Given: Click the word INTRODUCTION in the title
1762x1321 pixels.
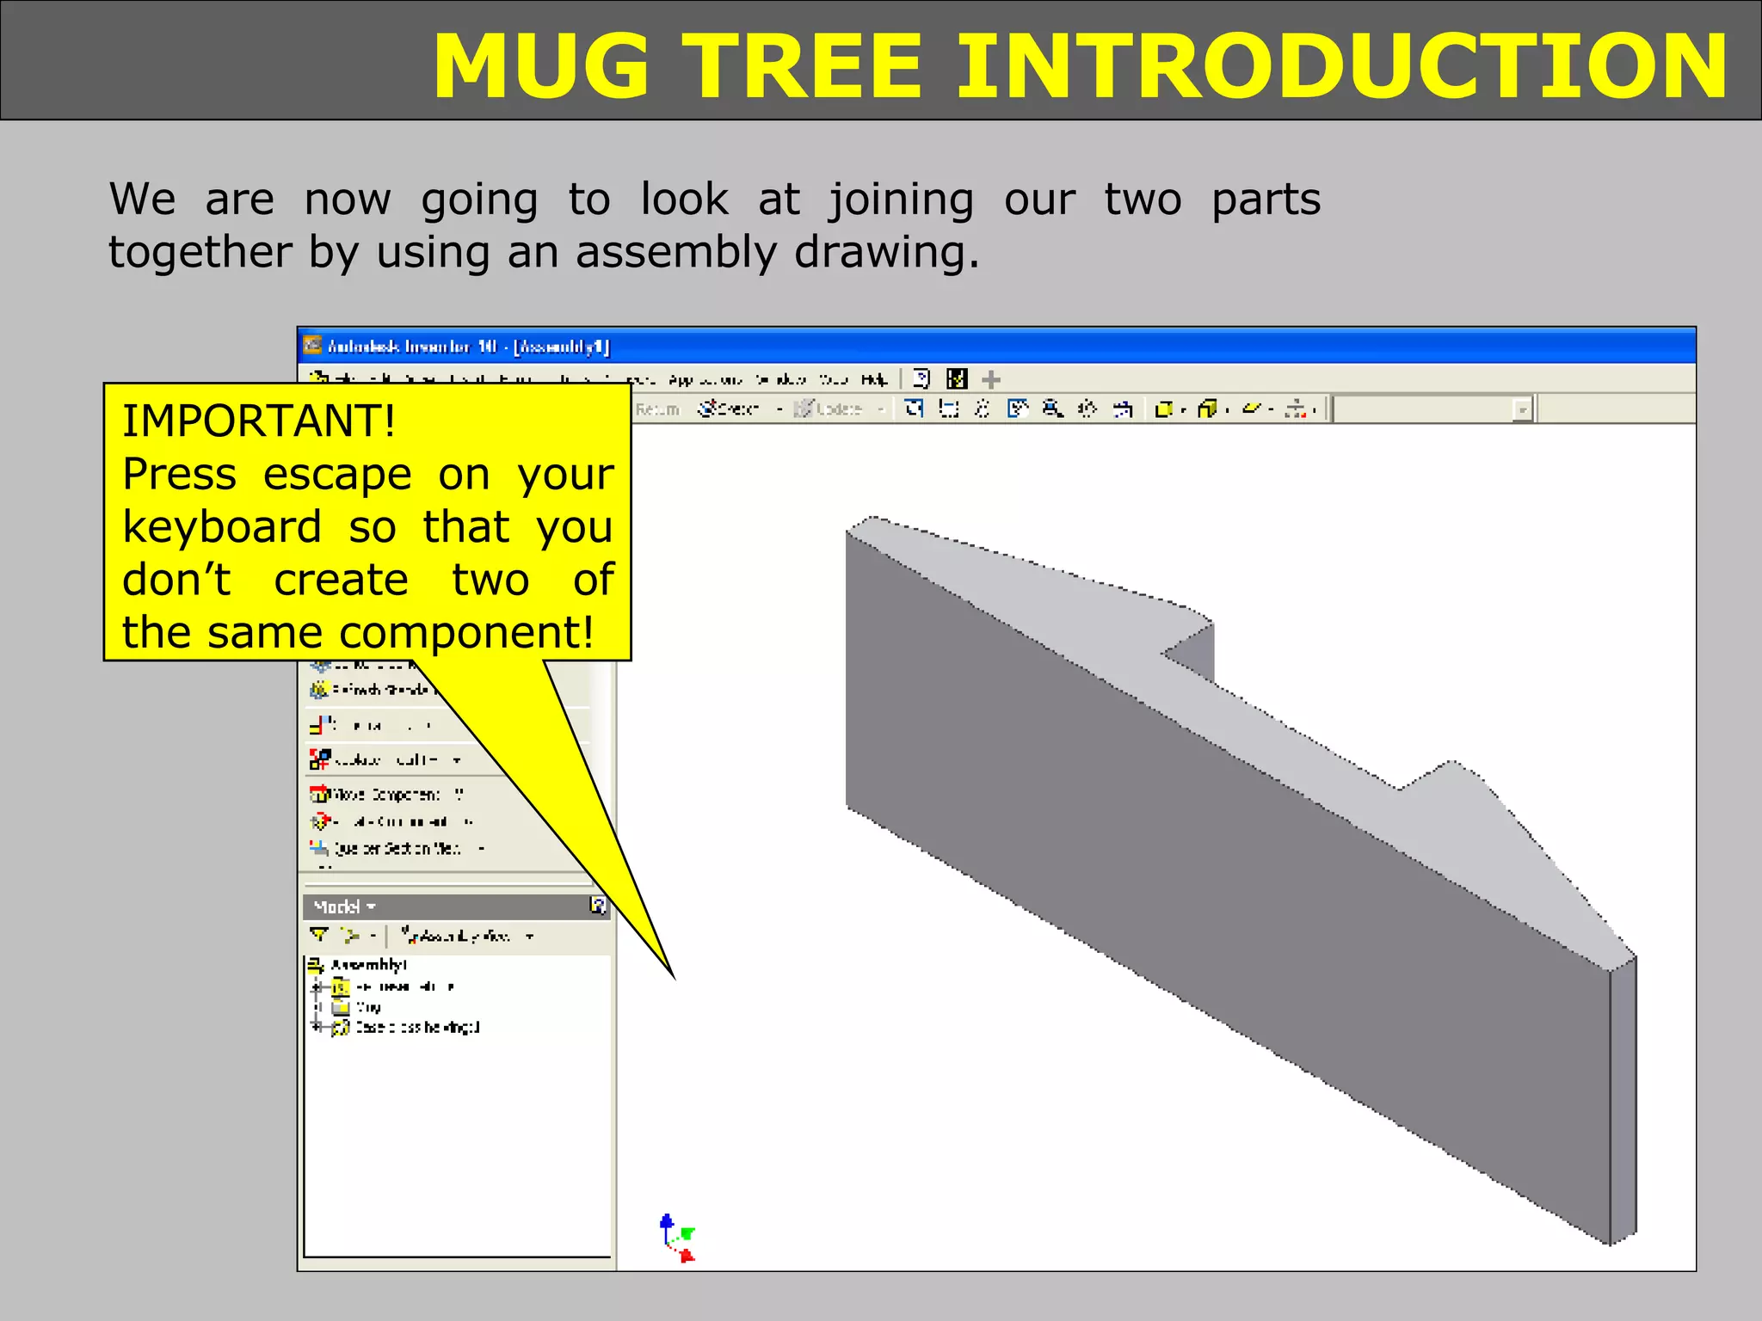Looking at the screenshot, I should (1340, 66).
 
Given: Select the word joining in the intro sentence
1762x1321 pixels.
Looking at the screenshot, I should (901, 201).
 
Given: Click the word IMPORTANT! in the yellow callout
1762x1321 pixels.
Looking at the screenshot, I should (259, 421).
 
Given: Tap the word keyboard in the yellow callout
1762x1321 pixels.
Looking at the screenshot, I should (222, 527).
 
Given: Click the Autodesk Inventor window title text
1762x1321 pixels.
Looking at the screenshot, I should (468, 347).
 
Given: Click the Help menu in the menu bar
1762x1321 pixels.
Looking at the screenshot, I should (874, 379).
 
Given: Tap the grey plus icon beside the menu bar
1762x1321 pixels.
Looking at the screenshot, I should (991, 379).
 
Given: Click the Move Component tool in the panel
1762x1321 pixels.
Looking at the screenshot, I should (385, 794).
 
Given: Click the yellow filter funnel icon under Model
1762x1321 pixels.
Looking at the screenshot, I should (319, 935).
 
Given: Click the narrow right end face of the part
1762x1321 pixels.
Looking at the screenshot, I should (1623, 1101).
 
